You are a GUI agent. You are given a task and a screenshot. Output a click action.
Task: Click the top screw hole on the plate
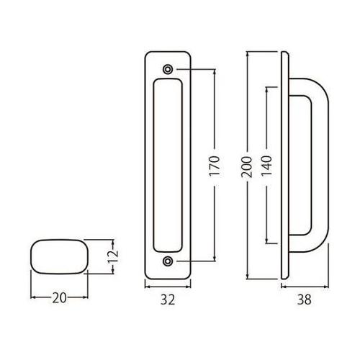(x=168, y=69)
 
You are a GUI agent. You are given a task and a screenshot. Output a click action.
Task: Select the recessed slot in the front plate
(x=168, y=166)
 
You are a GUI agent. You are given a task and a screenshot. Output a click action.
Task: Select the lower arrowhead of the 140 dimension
(x=268, y=242)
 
